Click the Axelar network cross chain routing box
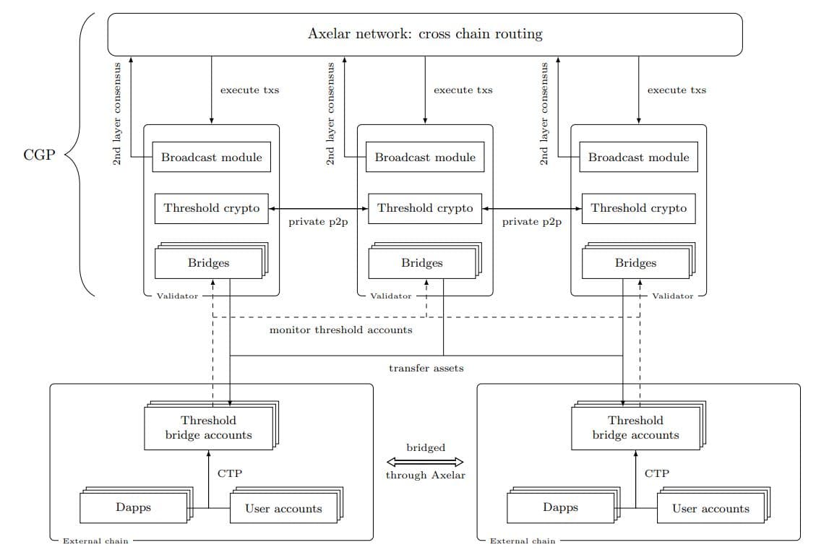click(425, 34)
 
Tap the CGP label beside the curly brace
click(39, 155)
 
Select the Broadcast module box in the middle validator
click(425, 157)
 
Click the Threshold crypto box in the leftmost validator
click(211, 208)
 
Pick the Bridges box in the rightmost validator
click(635, 263)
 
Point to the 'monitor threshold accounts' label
click(340, 330)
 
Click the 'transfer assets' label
click(426, 368)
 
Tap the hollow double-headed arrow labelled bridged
click(426, 462)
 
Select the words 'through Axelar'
click(426, 475)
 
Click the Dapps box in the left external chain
click(134, 507)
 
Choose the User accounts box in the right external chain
click(710, 509)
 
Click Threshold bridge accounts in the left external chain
click(208, 428)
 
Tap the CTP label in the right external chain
click(656, 473)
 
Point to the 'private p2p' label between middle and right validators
click(531, 222)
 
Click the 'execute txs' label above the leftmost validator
click(249, 90)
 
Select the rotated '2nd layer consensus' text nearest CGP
click(117, 113)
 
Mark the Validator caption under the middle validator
click(390, 296)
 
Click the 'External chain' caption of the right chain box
click(523, 541)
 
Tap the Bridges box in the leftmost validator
click(208, 263)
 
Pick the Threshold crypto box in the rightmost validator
click(638, 208)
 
